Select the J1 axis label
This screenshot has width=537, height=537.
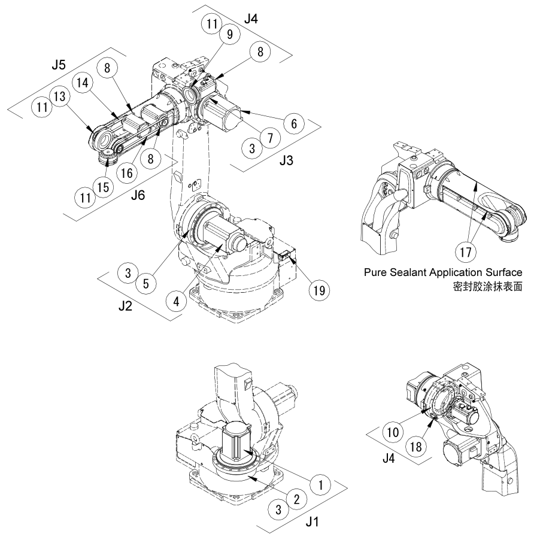click(312, 521)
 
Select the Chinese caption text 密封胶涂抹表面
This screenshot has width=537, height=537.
click(489, 287)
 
